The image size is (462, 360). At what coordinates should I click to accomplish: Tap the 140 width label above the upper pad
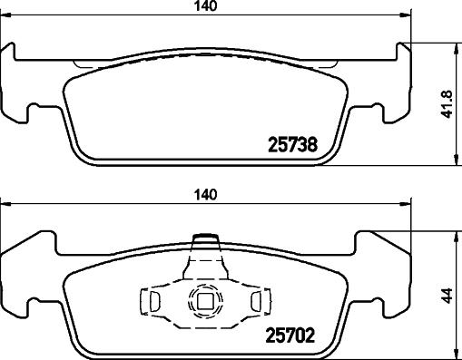coord(207,7)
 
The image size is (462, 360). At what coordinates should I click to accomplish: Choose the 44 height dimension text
coord(445,295)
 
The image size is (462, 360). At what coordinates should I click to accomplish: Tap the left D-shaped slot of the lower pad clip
coord(154,300)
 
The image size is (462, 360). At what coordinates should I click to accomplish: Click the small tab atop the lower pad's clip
coord(207,240)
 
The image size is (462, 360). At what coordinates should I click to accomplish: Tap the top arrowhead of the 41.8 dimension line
coord(451,47)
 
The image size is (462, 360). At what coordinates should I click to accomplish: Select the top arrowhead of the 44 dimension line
coord(451,233)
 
